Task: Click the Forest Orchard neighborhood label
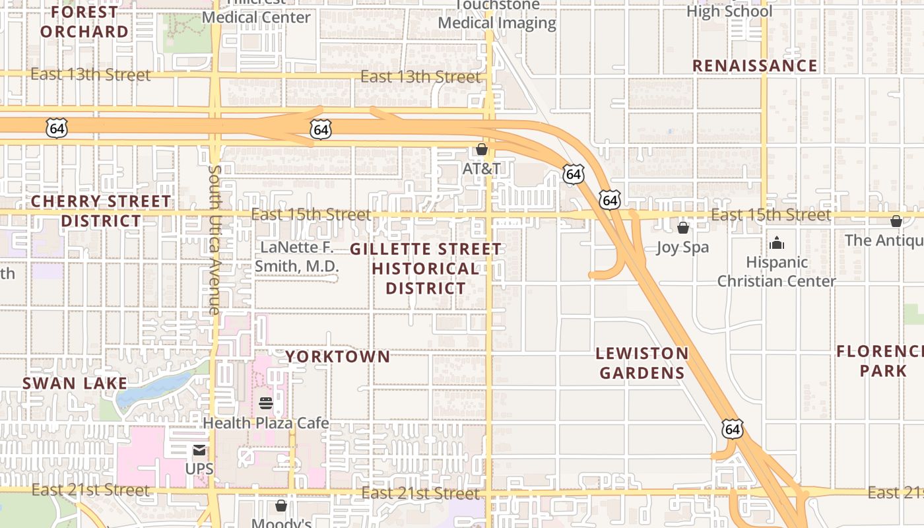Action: (84, 21)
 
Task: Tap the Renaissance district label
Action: (754, 65)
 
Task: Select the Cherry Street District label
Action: (101, 211)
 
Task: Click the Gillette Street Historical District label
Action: (426, 268)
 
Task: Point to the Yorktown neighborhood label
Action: (337, 356)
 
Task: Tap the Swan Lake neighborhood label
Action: (75, 383)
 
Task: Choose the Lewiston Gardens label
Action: (642, 363)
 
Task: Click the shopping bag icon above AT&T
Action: (482, 150)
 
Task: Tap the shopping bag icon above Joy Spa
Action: (683, 228)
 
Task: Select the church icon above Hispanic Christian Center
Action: (777, 243)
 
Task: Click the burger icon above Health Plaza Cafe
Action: (266, 403)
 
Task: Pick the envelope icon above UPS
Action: (199, 451)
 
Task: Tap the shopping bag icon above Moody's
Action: (281, 506)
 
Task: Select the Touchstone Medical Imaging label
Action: (497, 15)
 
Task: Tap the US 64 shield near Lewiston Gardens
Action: (732, 430)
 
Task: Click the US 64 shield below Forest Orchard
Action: (57, 128)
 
